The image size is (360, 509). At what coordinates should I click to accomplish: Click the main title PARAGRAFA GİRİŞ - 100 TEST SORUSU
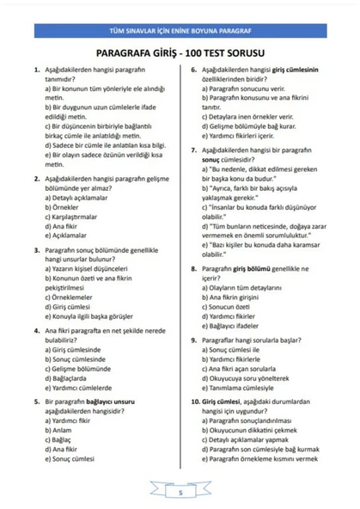point(180,53)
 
